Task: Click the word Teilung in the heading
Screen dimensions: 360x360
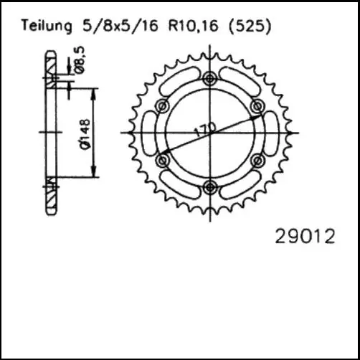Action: point(47,26)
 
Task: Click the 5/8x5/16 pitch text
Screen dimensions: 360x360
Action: point(120,25)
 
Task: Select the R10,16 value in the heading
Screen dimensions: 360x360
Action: point(194,25)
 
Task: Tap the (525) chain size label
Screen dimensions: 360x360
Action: point(250,26)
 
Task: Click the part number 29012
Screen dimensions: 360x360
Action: point(305,236)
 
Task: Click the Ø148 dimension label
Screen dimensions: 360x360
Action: point(85,134)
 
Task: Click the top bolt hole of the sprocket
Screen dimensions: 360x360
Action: point(210,78)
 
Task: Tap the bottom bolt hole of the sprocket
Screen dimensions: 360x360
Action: point(210,187)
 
